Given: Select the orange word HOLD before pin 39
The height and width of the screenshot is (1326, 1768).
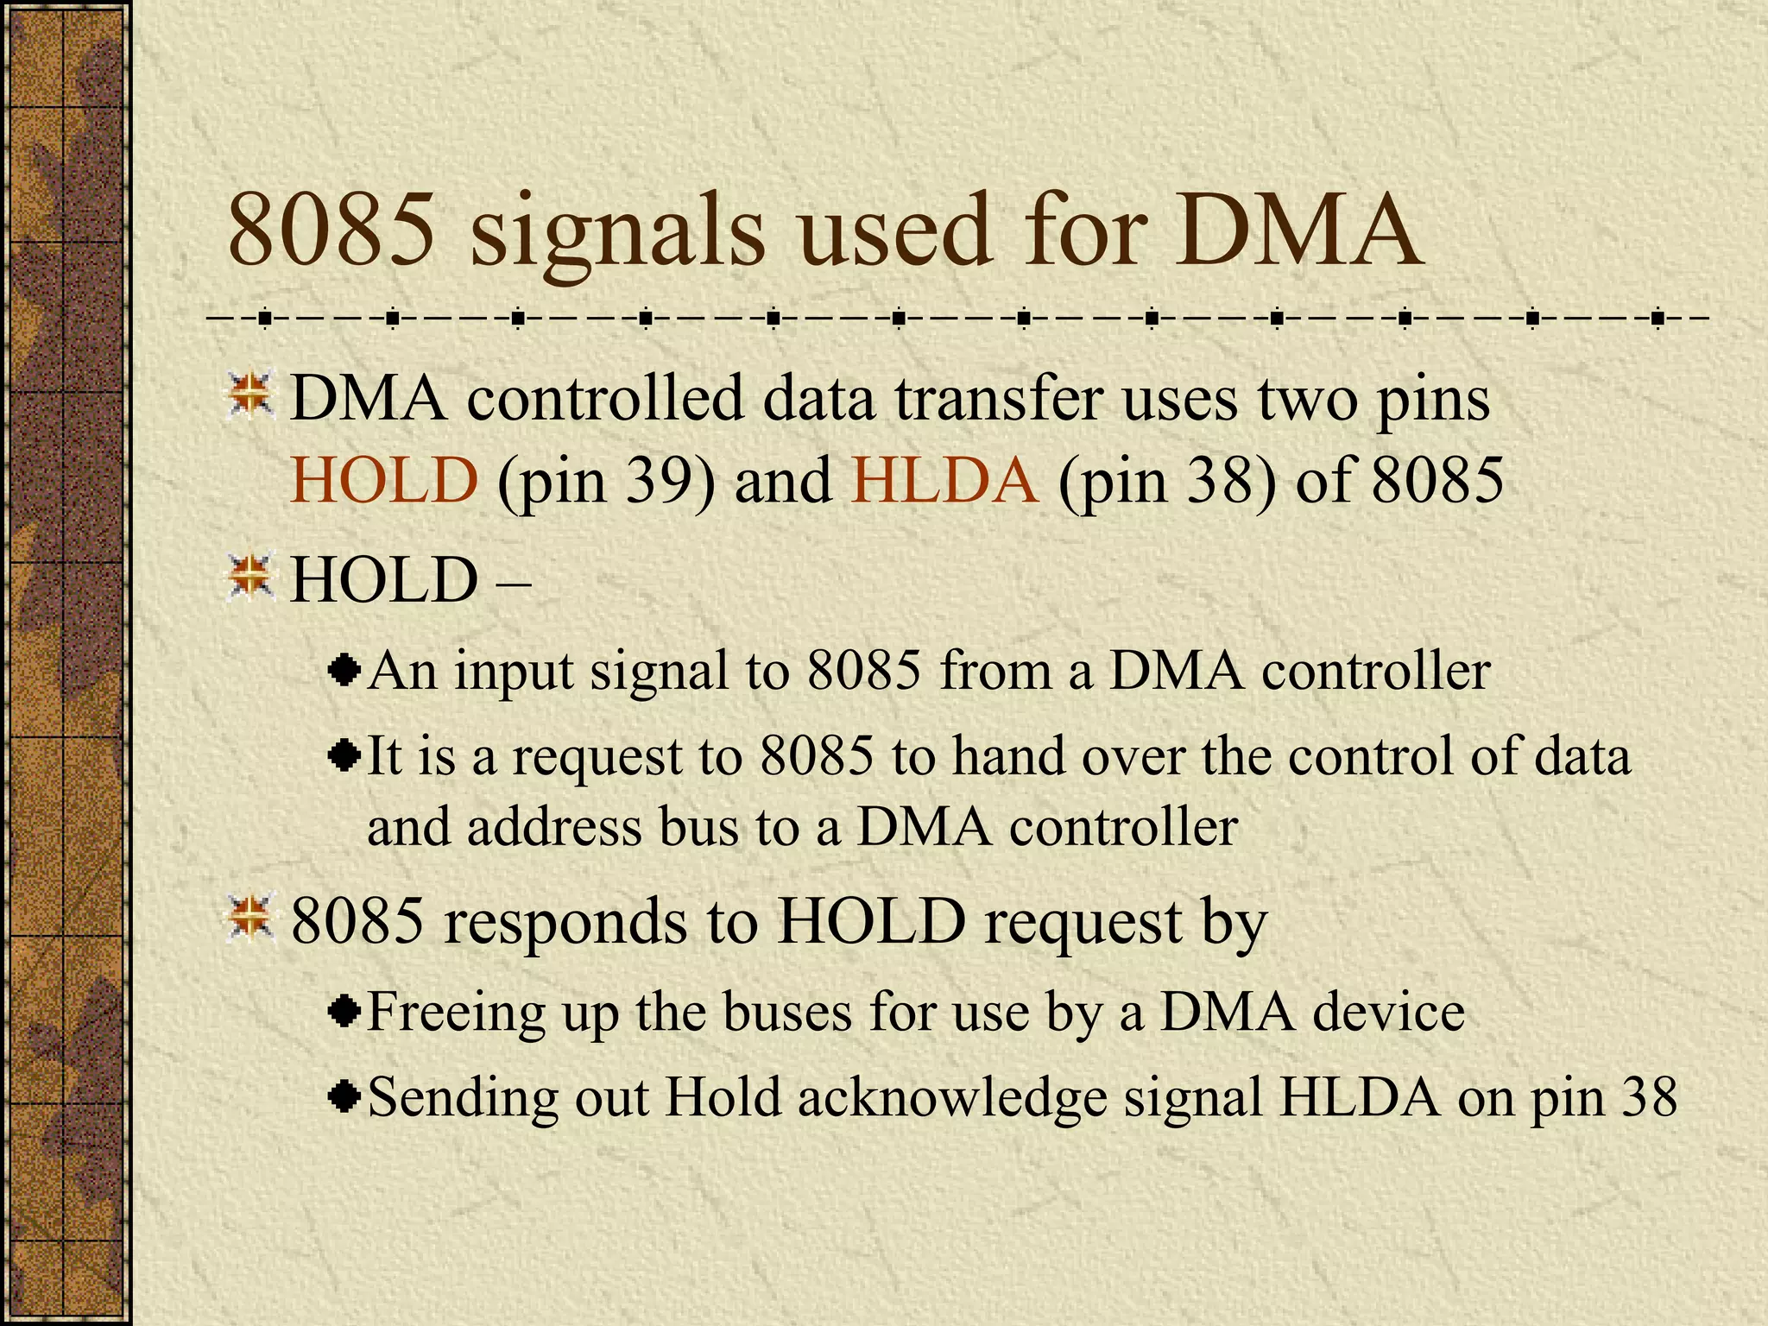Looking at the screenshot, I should pos(383,480).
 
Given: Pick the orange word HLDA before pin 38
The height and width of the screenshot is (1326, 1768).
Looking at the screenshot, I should pos(944,480).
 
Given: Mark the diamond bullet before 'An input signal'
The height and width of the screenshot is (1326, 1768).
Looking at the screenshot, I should pos(344,671).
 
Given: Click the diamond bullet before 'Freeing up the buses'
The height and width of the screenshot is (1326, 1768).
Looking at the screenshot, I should pos(344,1011).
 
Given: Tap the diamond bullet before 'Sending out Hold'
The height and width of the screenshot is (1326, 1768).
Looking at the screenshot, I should pos(344,1097).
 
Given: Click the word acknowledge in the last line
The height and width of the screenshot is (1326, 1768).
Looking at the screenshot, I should pos(951,1099).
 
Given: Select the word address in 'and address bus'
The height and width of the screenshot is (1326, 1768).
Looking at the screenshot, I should pos(554,827).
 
